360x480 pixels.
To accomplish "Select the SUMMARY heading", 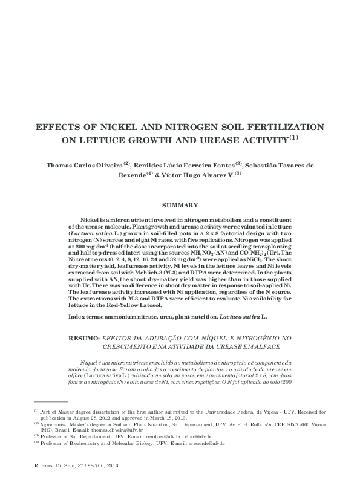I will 180,206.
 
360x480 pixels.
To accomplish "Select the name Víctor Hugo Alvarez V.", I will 198,174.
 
